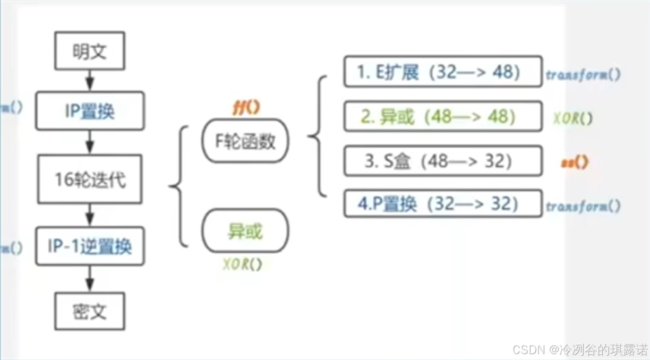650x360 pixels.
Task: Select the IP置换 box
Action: tap(90, 111)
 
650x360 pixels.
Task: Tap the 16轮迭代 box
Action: tap(90, 179)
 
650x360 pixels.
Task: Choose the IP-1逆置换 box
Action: tap(90, 246)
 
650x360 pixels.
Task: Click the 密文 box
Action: tap(90, 311)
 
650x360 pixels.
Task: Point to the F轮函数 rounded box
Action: tap(245, 141)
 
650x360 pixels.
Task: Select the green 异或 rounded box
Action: tap(245, 232)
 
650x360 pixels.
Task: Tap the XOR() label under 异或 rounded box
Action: tap(243, 264)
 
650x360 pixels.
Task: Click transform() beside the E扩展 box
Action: tap(583, 75)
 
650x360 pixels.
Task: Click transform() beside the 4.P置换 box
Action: tap(583, 207)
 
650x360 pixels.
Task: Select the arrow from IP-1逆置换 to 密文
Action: tap(90, 279)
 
